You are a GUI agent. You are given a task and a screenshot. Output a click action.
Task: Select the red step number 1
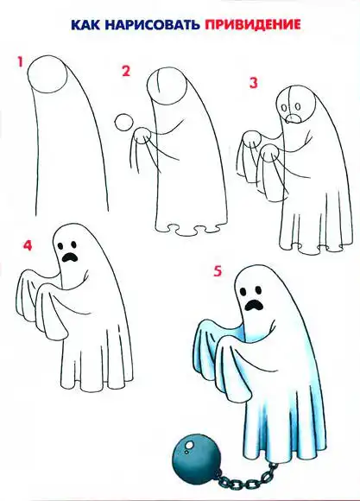click(21, 62)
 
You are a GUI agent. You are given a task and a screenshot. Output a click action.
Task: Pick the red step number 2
click(126, 71)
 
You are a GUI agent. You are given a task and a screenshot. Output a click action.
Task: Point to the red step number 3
click(253, 83)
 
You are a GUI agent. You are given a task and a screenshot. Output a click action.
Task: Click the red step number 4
click(28, 245)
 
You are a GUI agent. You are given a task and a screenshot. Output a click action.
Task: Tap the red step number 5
click(218, 271)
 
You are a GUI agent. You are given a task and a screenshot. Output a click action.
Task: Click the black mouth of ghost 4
click(70, 257)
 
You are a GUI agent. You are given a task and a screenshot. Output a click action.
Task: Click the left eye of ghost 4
click(60, 245)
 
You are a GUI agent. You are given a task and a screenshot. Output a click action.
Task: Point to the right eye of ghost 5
click(258, 290)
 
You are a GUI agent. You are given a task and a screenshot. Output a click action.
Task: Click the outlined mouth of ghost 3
click(293, 119)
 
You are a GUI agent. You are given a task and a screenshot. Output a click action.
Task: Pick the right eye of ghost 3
click(298, 105)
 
